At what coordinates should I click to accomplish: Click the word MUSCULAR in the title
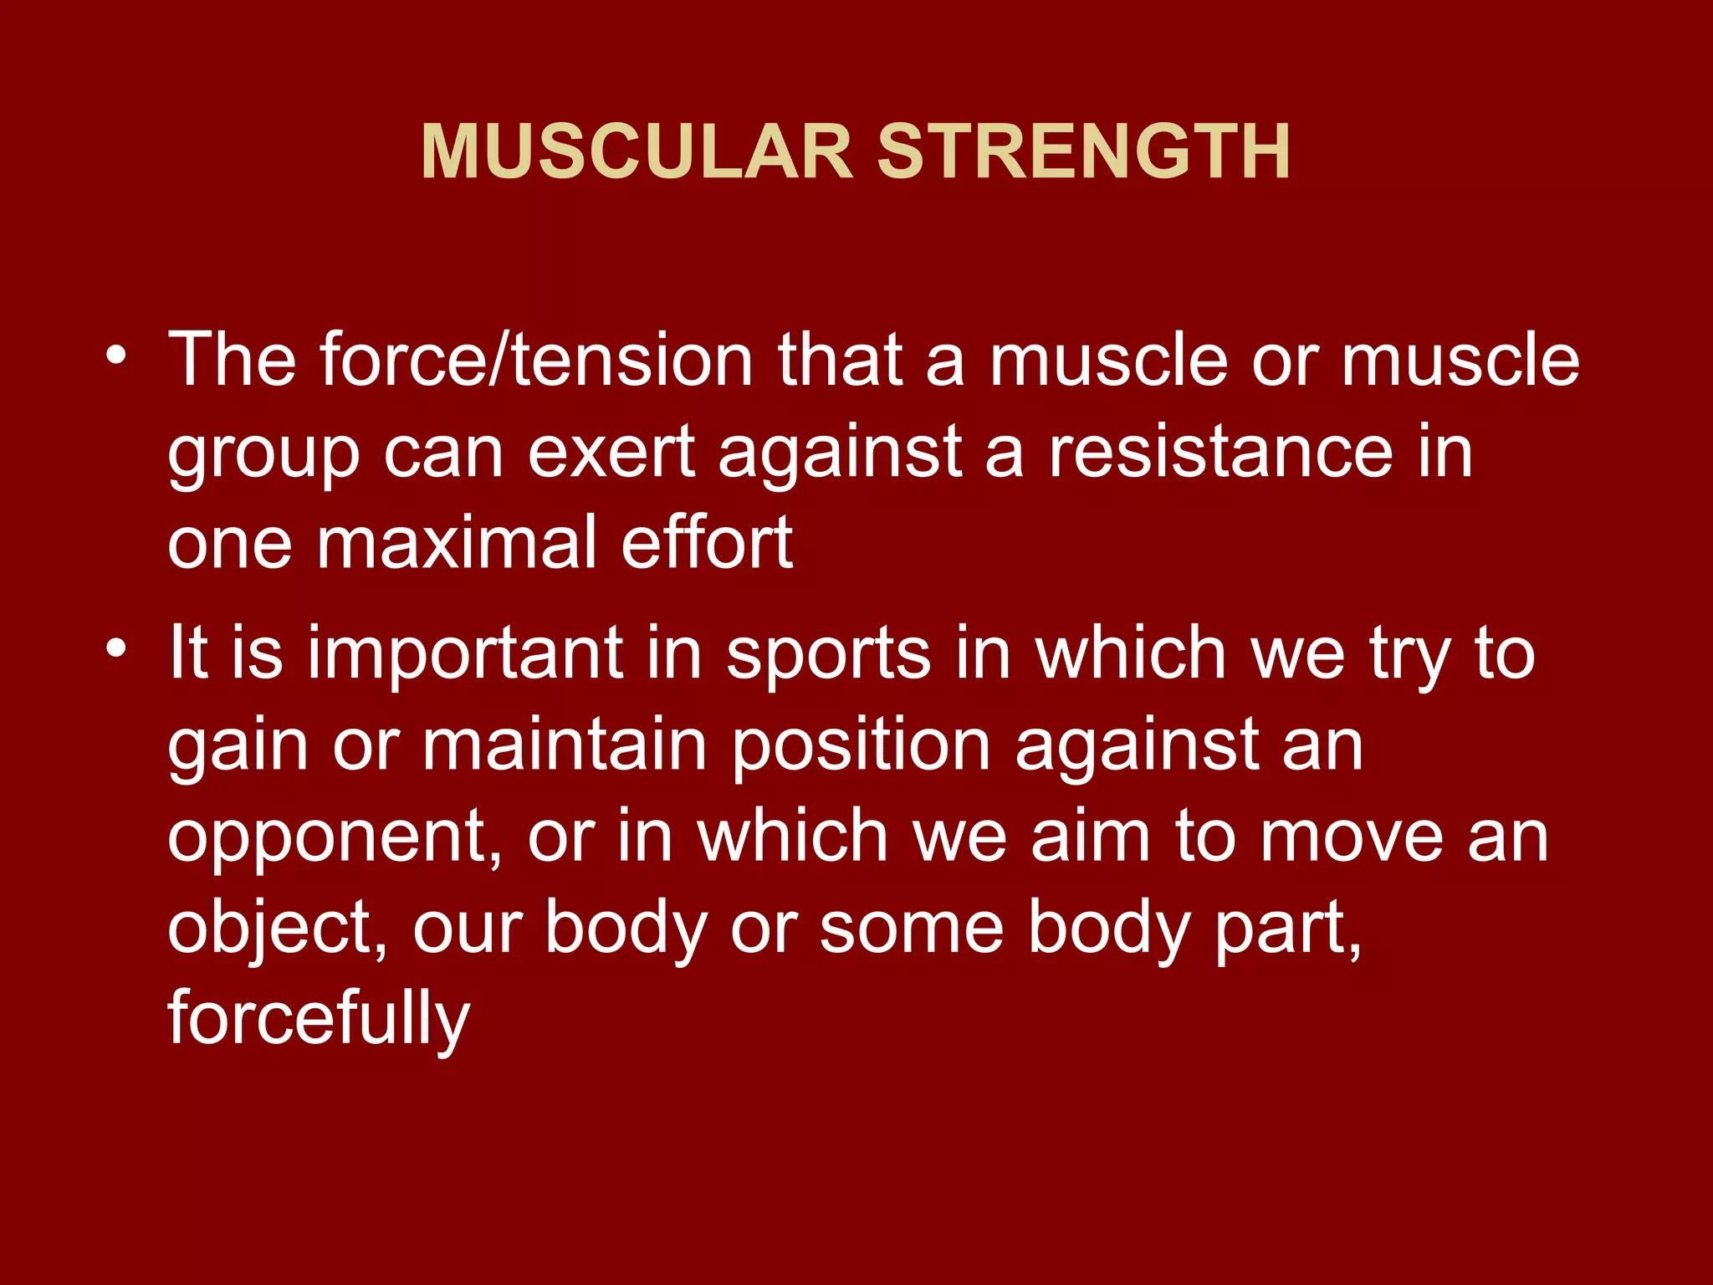point(637,152)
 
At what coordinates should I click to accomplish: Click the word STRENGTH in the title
point(1083,152)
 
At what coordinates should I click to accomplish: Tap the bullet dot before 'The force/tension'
point(116,356)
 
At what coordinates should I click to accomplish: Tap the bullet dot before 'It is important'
point(116,648)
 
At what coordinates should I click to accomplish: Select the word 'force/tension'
point(537,360)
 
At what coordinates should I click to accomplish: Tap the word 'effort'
point(707,543)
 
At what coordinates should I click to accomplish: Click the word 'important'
point(465,655)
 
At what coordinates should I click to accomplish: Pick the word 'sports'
point(828,655)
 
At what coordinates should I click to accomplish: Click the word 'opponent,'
point(335,839)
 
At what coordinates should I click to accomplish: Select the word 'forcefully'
point(319,1021)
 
